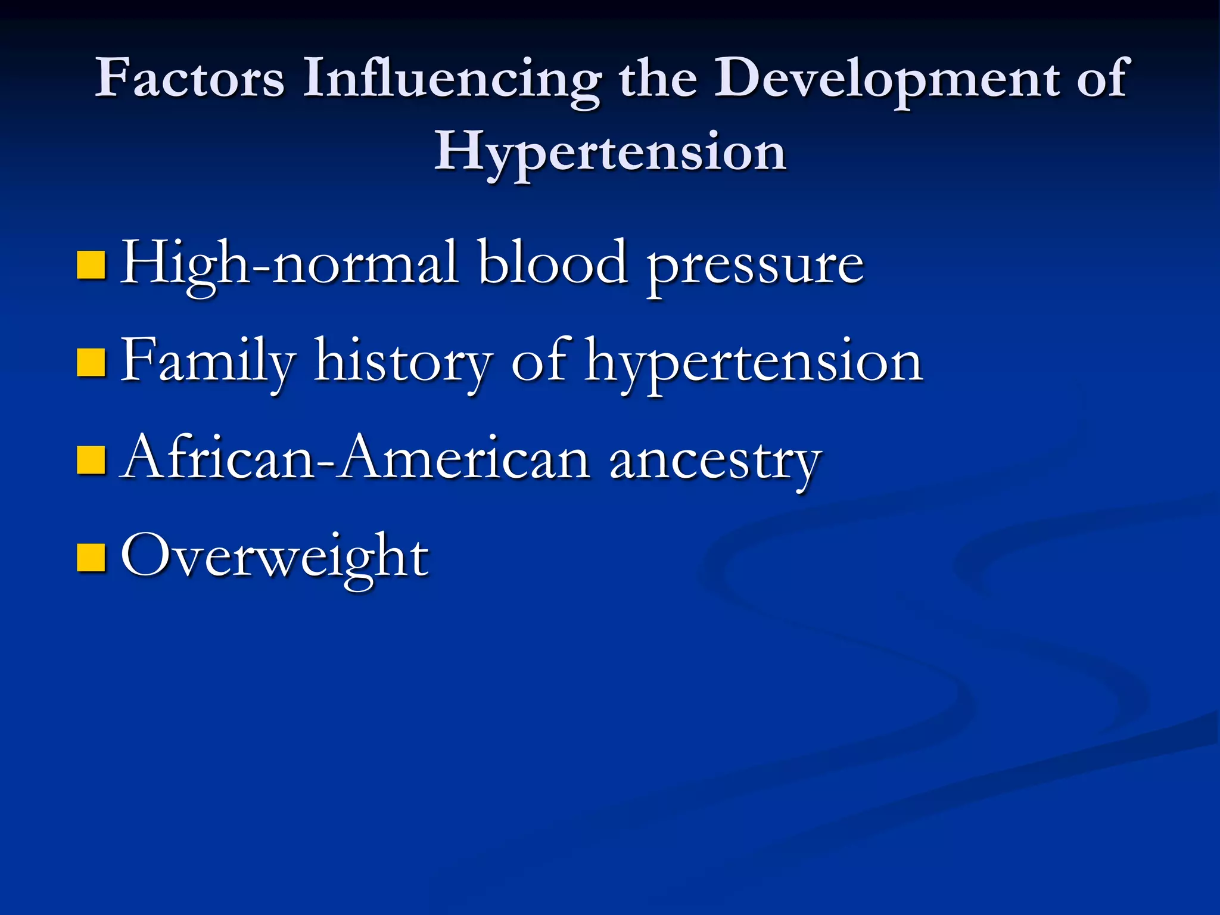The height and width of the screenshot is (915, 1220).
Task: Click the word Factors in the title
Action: point(189,78)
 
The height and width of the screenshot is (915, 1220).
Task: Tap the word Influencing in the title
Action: point(452,78)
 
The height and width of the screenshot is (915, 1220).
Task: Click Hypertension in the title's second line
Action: point(610,152)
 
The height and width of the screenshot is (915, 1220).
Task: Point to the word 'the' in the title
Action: point(658,78)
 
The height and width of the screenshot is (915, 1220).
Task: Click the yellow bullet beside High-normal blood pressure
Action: point(91,265)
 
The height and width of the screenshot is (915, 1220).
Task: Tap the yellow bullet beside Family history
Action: point(91,363)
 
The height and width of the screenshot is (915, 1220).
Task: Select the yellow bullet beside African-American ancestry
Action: point(91,459)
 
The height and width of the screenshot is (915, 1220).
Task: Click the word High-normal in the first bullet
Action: point(289,263)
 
